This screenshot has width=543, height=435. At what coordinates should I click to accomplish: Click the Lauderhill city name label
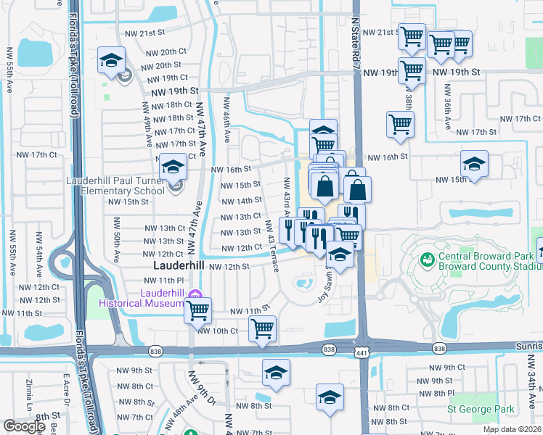point(179,266)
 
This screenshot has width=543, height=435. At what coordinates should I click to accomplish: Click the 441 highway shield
point(361,350)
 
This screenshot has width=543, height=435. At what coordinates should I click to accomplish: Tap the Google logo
point(24,427)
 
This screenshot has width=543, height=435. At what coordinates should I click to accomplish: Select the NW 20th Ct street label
point(164,52)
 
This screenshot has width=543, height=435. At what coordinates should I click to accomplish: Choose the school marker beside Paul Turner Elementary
point(173,168)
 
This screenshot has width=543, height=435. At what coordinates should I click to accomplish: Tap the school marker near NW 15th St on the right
point(474,164)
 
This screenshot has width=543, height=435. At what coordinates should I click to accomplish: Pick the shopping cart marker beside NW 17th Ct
point(400,125)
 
